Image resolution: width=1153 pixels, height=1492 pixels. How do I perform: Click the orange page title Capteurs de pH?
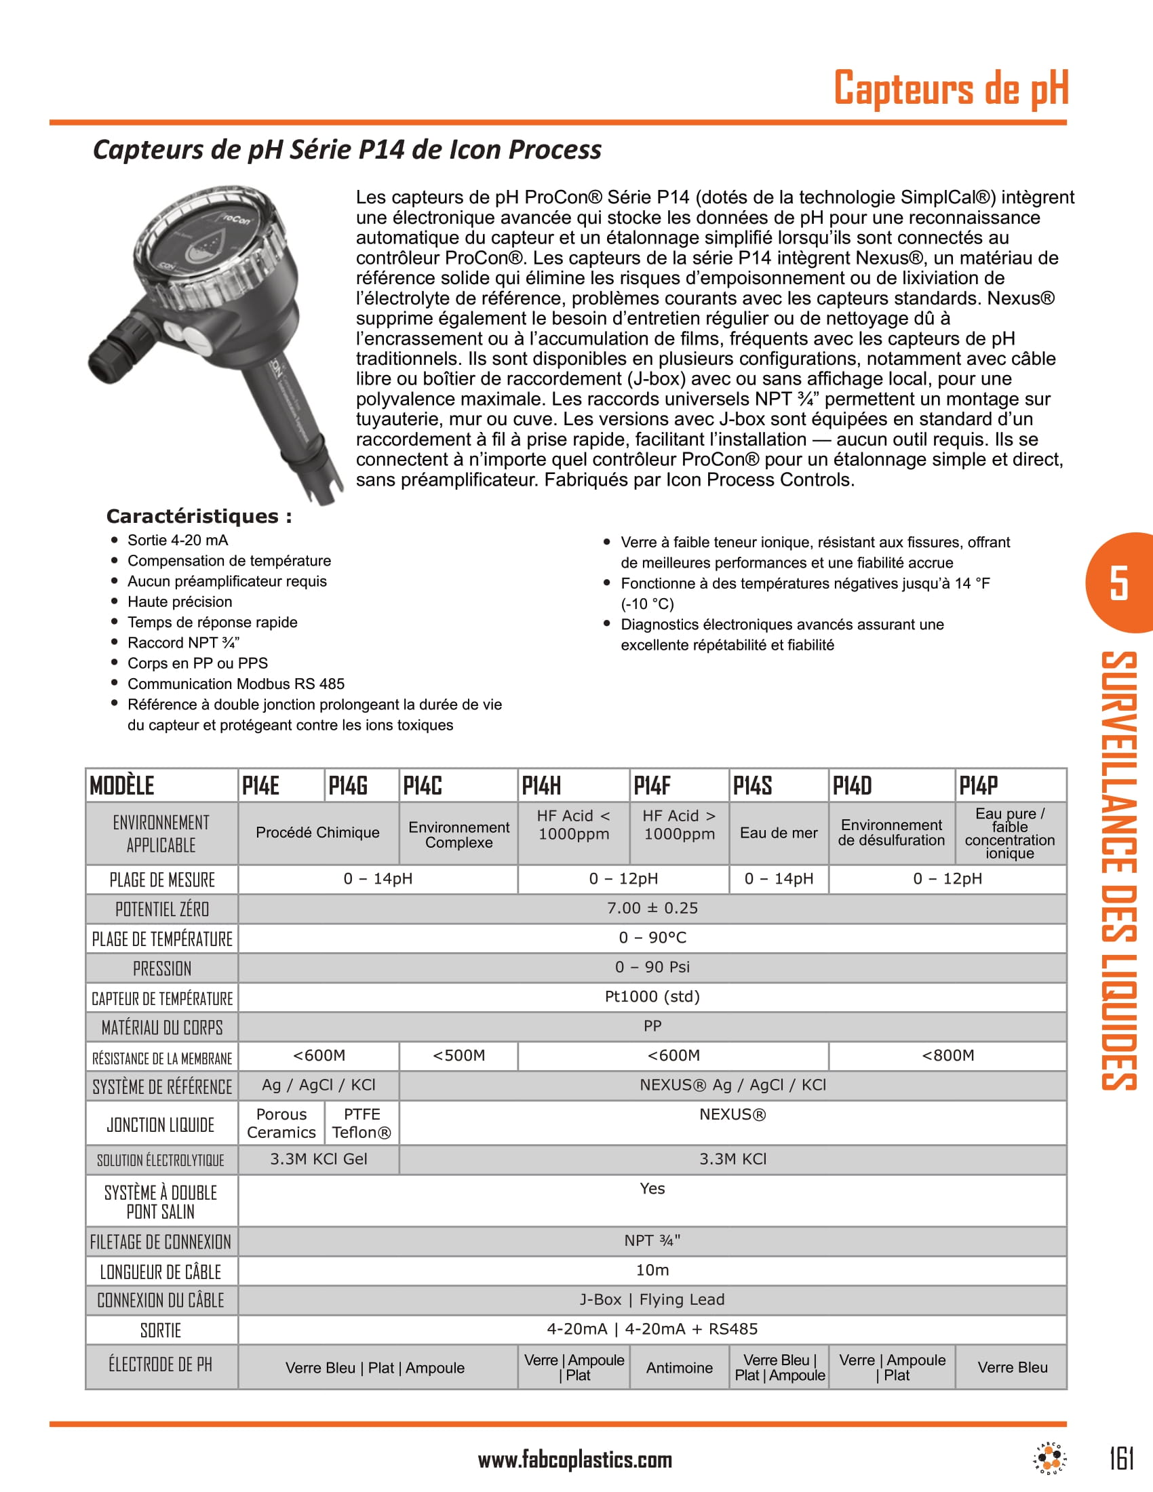(951, 88)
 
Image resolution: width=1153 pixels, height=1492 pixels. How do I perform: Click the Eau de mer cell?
(778, 833)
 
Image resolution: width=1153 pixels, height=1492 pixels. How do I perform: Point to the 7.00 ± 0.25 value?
(652, 908)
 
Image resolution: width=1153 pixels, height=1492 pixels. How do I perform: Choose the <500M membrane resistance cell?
(458, 1055)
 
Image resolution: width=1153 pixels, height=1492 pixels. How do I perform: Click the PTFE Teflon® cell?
(361, 1123)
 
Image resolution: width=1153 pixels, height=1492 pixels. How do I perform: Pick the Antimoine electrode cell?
(679, 1368)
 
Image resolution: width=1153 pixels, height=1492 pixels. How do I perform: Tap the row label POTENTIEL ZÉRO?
(162, 909)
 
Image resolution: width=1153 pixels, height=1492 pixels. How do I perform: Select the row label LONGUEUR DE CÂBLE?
(161, 1272)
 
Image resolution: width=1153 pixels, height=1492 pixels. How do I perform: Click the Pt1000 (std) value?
(652, 997)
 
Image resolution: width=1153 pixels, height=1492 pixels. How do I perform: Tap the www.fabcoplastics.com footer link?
(574, 1460)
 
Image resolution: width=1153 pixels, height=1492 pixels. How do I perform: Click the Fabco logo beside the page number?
(1049, 1459)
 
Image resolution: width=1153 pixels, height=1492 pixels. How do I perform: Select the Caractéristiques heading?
(199, 516)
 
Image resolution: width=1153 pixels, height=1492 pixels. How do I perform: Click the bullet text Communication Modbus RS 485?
(235, 684)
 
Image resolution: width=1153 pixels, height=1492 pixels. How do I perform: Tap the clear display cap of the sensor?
(205, 246)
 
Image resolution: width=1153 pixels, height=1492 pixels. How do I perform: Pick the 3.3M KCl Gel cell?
(318, 1159)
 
